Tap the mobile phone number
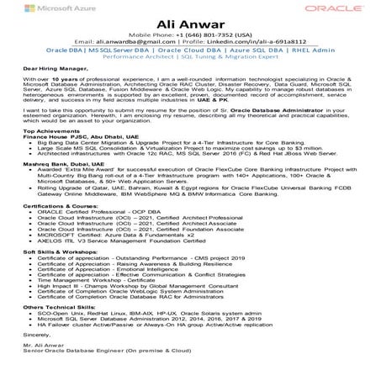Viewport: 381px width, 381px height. coord(190,32)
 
